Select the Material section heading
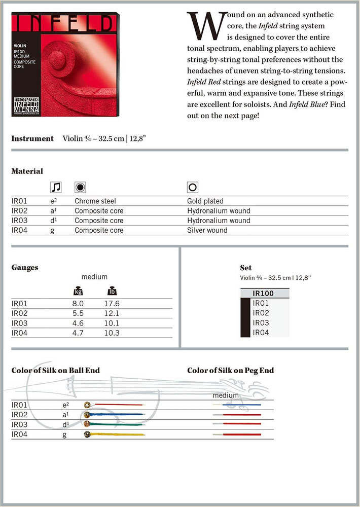(x=27, y=171)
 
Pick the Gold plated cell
(x=205, y=201)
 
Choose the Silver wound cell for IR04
(x=207, y=230)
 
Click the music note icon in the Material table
(x=56, y=187)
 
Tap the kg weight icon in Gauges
(x=78, y=292)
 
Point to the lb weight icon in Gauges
(x=112, y=292)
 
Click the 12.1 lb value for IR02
(x=112, y=313)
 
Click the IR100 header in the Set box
(x=263, y=293)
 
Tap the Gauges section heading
(x=25, y=267)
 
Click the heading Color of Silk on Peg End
(x=230, y=371)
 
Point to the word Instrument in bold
(x=32, y=138)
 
